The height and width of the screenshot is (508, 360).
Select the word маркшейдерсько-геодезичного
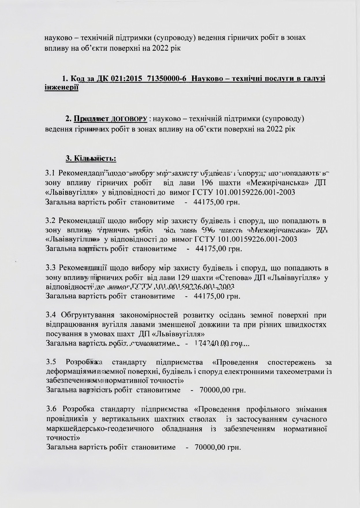pos(100,429)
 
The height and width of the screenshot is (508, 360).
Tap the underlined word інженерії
pos(61,88)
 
